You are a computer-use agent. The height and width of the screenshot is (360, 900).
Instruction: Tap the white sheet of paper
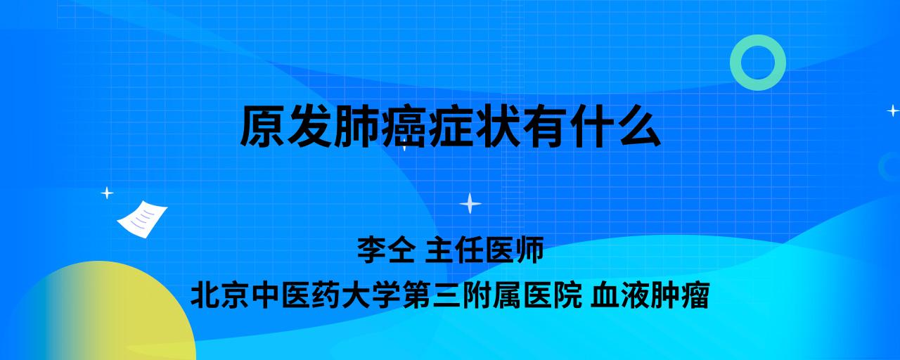pyautogui.click(x=142, y=219)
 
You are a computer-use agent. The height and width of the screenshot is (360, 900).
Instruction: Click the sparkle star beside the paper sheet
pyautogui.click(x=107, y=193)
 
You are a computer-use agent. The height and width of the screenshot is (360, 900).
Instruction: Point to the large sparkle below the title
pyautogui.click(x=470, y=204)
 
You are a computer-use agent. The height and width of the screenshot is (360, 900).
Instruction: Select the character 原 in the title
pyautogui.click(x=263, y=126)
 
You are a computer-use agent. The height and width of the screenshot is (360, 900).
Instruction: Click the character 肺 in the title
pyautogui.click(x=356, y=126)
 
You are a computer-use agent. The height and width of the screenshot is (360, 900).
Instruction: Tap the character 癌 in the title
pyautogui.click(x=403, y=126)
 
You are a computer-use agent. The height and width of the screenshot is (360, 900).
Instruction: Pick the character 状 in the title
pyautogui.click(x=497, y=126)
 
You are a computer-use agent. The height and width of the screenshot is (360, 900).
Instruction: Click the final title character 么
pyautogui.click(x=638, y=126)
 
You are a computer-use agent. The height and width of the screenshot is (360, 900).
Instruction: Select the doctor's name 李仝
pyautogui.click(x=386, y=250)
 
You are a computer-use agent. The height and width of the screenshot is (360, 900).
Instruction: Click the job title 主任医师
pyautogui.click(x=484, y=250)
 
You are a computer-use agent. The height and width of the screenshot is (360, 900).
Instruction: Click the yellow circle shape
pyautogui.click(x=101, y=314)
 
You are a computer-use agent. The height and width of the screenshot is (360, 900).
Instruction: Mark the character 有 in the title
pyautogui.click(x=544, y=126)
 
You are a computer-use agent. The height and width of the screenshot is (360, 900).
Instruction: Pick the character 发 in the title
pyautogui.click(x=309, y=126)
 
